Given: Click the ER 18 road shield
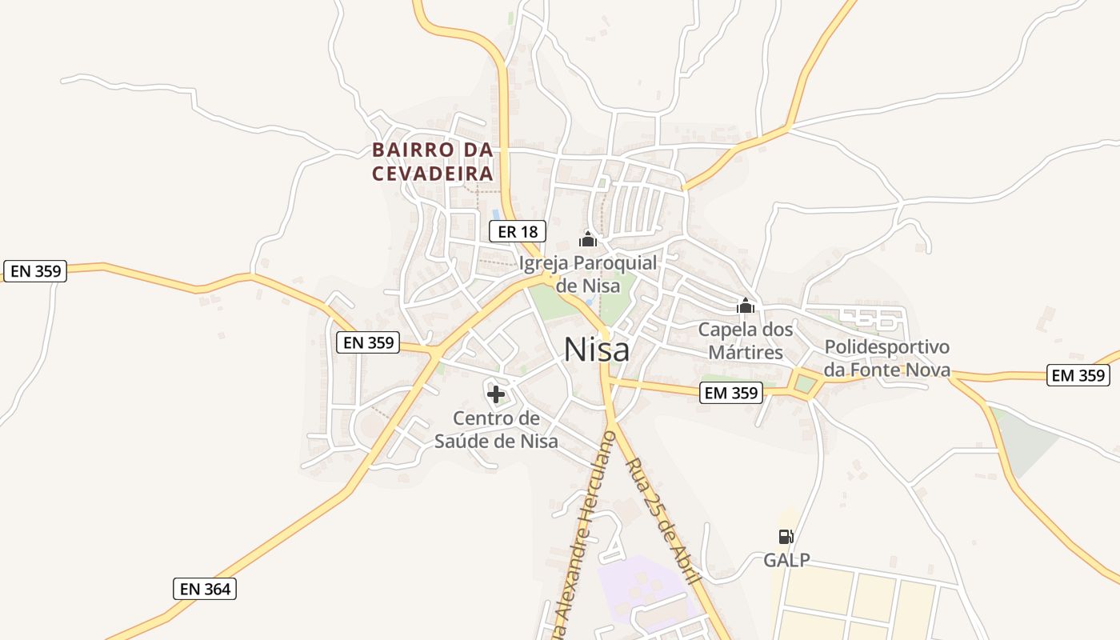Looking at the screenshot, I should [517, 232].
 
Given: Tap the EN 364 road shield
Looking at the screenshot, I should [205, 589].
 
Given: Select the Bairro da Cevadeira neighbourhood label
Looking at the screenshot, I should [432, 162].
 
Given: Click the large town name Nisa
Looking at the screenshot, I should [596, 350].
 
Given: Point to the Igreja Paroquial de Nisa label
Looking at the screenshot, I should [588, 274].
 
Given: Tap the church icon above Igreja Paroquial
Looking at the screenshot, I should [588, 238].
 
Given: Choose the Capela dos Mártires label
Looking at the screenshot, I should [746, 340].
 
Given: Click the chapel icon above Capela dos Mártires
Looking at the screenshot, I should [746, 306].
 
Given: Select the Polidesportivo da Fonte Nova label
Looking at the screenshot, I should [886, 358].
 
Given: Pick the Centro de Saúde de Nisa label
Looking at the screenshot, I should [496, 430].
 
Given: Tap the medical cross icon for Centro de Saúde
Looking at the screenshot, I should [496, 394].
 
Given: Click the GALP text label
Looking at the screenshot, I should [786, 560].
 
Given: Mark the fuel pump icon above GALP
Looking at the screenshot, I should [786, 536].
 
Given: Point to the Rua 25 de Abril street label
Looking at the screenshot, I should [664, 520].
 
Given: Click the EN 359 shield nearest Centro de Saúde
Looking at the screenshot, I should [368, 342].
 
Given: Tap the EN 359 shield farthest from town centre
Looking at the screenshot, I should [36, 270].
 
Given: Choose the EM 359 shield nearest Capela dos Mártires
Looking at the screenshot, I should [731, 393].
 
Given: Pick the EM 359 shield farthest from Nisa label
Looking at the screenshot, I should [1078, 374].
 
